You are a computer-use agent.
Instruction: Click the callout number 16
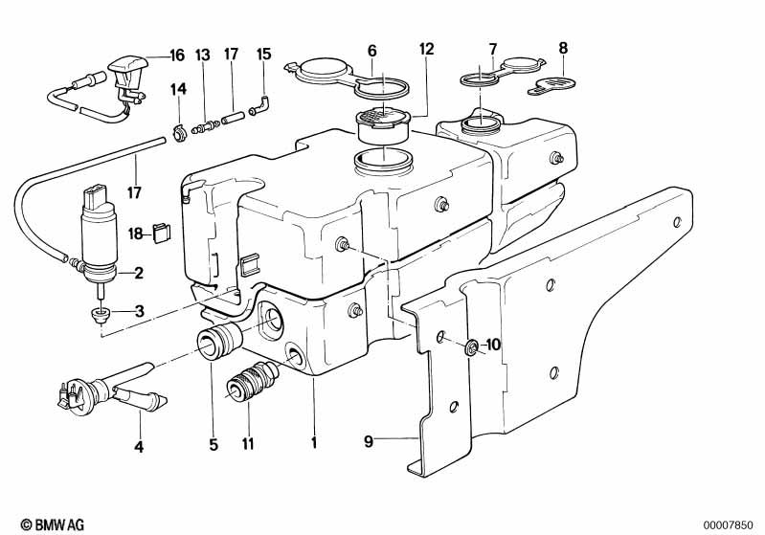(176, 55)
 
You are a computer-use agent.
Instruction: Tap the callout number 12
(426, 48)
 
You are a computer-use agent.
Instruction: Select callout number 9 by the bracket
(369, 442)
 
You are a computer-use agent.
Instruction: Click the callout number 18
(136, 233)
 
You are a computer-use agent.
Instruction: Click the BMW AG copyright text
(47, 524)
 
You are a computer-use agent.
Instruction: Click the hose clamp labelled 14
(177, 131)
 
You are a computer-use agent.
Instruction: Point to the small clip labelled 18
(161, 232)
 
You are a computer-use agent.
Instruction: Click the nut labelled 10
(471, 346)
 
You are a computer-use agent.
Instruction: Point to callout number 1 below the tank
(313, 444)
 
